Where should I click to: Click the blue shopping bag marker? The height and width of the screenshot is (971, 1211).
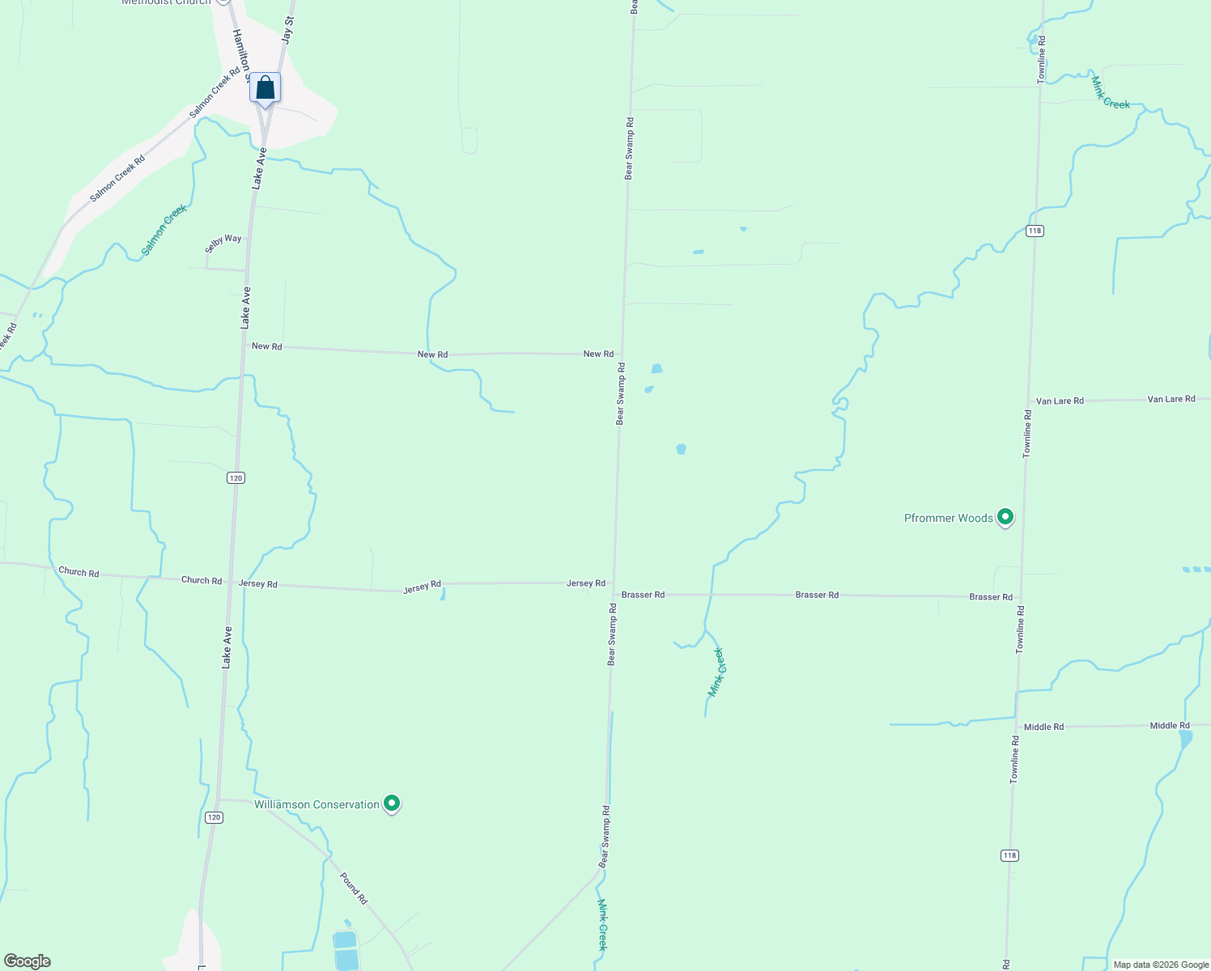(x=265, y=88)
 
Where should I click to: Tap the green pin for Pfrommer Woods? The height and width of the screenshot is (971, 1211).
(x=1005, y=516)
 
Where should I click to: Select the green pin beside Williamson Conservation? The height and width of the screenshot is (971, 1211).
(x=392, y=804)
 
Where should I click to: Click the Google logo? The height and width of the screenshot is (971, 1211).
(x=27, y=961)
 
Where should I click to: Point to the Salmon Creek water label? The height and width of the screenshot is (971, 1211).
(x=164, y=230)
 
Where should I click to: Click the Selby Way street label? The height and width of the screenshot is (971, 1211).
(x=223, y=243)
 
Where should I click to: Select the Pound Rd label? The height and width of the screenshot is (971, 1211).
(x=353, y=888)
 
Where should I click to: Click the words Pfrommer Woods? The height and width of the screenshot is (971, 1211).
(x=948, y=518)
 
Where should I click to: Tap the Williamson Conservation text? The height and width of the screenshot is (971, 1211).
(x=317, y=804)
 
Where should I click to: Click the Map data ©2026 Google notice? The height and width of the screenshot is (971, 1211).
(x=1161, y=965)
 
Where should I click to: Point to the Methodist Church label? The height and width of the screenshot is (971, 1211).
(x=166, y=2)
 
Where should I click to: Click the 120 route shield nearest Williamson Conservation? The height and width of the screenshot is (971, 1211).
(x=213, y=817)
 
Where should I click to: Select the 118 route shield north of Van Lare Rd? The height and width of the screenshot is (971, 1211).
(x=1034, y=231)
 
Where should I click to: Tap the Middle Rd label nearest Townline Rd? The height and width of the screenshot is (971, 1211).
(x=1043, y=727)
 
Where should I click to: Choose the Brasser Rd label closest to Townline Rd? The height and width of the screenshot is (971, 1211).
(x=991, y=597)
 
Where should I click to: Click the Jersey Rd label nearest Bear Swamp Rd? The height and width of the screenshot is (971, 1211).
(x=585, y=583)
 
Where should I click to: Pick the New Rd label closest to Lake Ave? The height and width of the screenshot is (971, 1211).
(x=266, y=346)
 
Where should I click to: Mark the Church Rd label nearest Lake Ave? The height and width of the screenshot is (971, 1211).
(x=201, y=580)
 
